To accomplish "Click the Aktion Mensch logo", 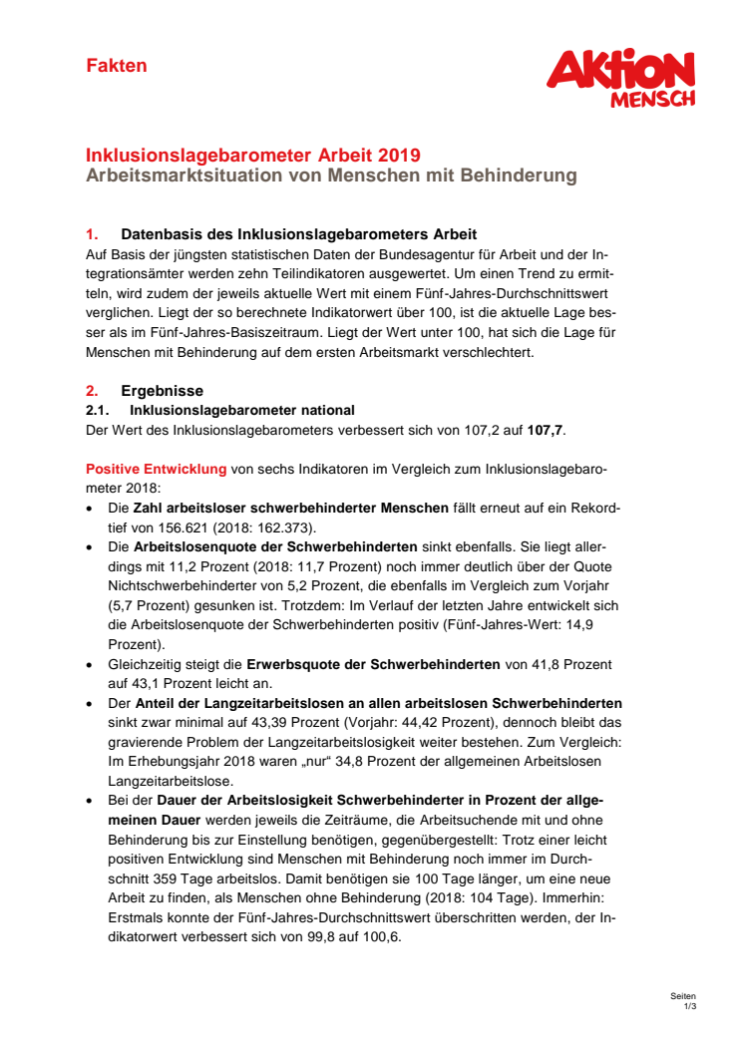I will pyautogui.click(x=620, y=78).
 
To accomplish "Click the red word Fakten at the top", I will pyautogui.click(x=116, y=66).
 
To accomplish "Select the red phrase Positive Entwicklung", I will pyautogui.click(x=156, y=469).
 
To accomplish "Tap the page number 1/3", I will pyautogui.click(x=689, y=1008).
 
